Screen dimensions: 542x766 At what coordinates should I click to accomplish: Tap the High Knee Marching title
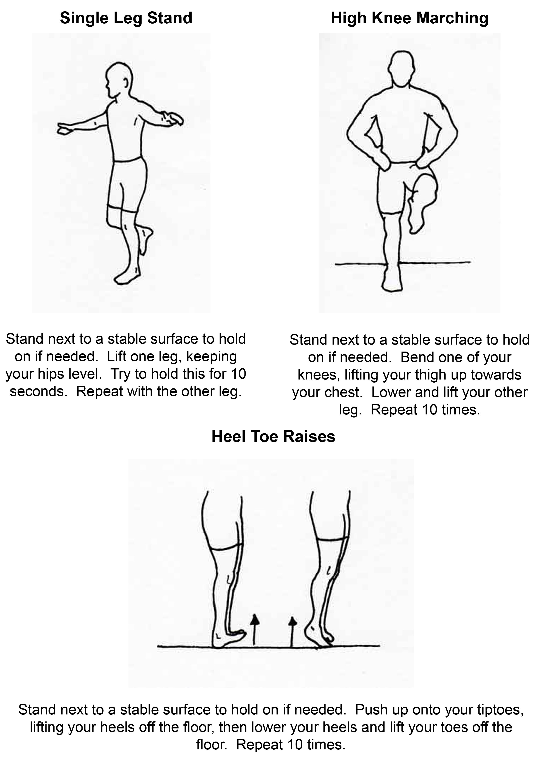point(409,18)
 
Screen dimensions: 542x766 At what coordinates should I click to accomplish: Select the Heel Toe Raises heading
point(273,436)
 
